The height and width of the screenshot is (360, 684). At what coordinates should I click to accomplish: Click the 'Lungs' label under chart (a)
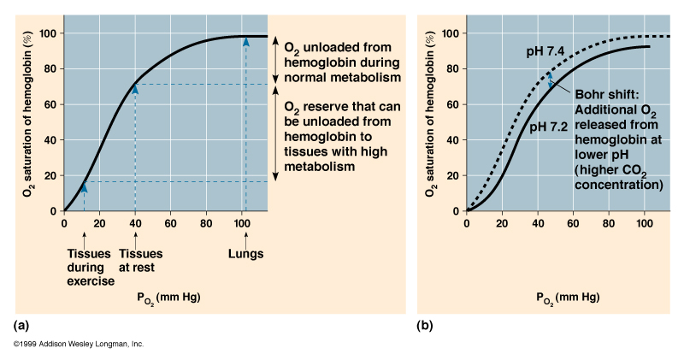coord(245,253)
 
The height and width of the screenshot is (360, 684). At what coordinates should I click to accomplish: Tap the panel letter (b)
coord(424,326)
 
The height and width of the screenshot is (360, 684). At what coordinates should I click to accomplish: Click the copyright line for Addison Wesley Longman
coord(78,344)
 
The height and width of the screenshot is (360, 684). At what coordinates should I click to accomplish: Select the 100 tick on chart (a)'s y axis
coord(47,33)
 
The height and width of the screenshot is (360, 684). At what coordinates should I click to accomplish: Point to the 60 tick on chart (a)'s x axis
coord(170,224)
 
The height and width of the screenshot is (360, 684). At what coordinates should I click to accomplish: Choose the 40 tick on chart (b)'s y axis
coord(453,139)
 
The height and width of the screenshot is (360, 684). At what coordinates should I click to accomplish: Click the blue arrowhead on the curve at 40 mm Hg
coord(135,89)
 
